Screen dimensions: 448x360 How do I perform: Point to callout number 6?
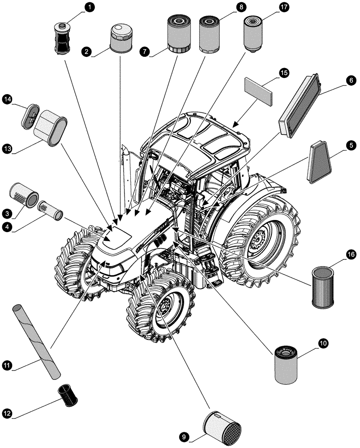pyautogui.click(x=351, y=80)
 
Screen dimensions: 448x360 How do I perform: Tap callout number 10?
pyautogui.click(x=323, y=343)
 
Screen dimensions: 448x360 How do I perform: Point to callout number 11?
pyautogui.click(x=7, y=366)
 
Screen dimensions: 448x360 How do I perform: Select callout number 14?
pyautogui.click(x=7, y=99)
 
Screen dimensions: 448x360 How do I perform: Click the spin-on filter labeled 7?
pyautogui.click(x=179, y=34)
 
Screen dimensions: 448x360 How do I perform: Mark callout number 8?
pyautogui.click(x=240, y=7)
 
